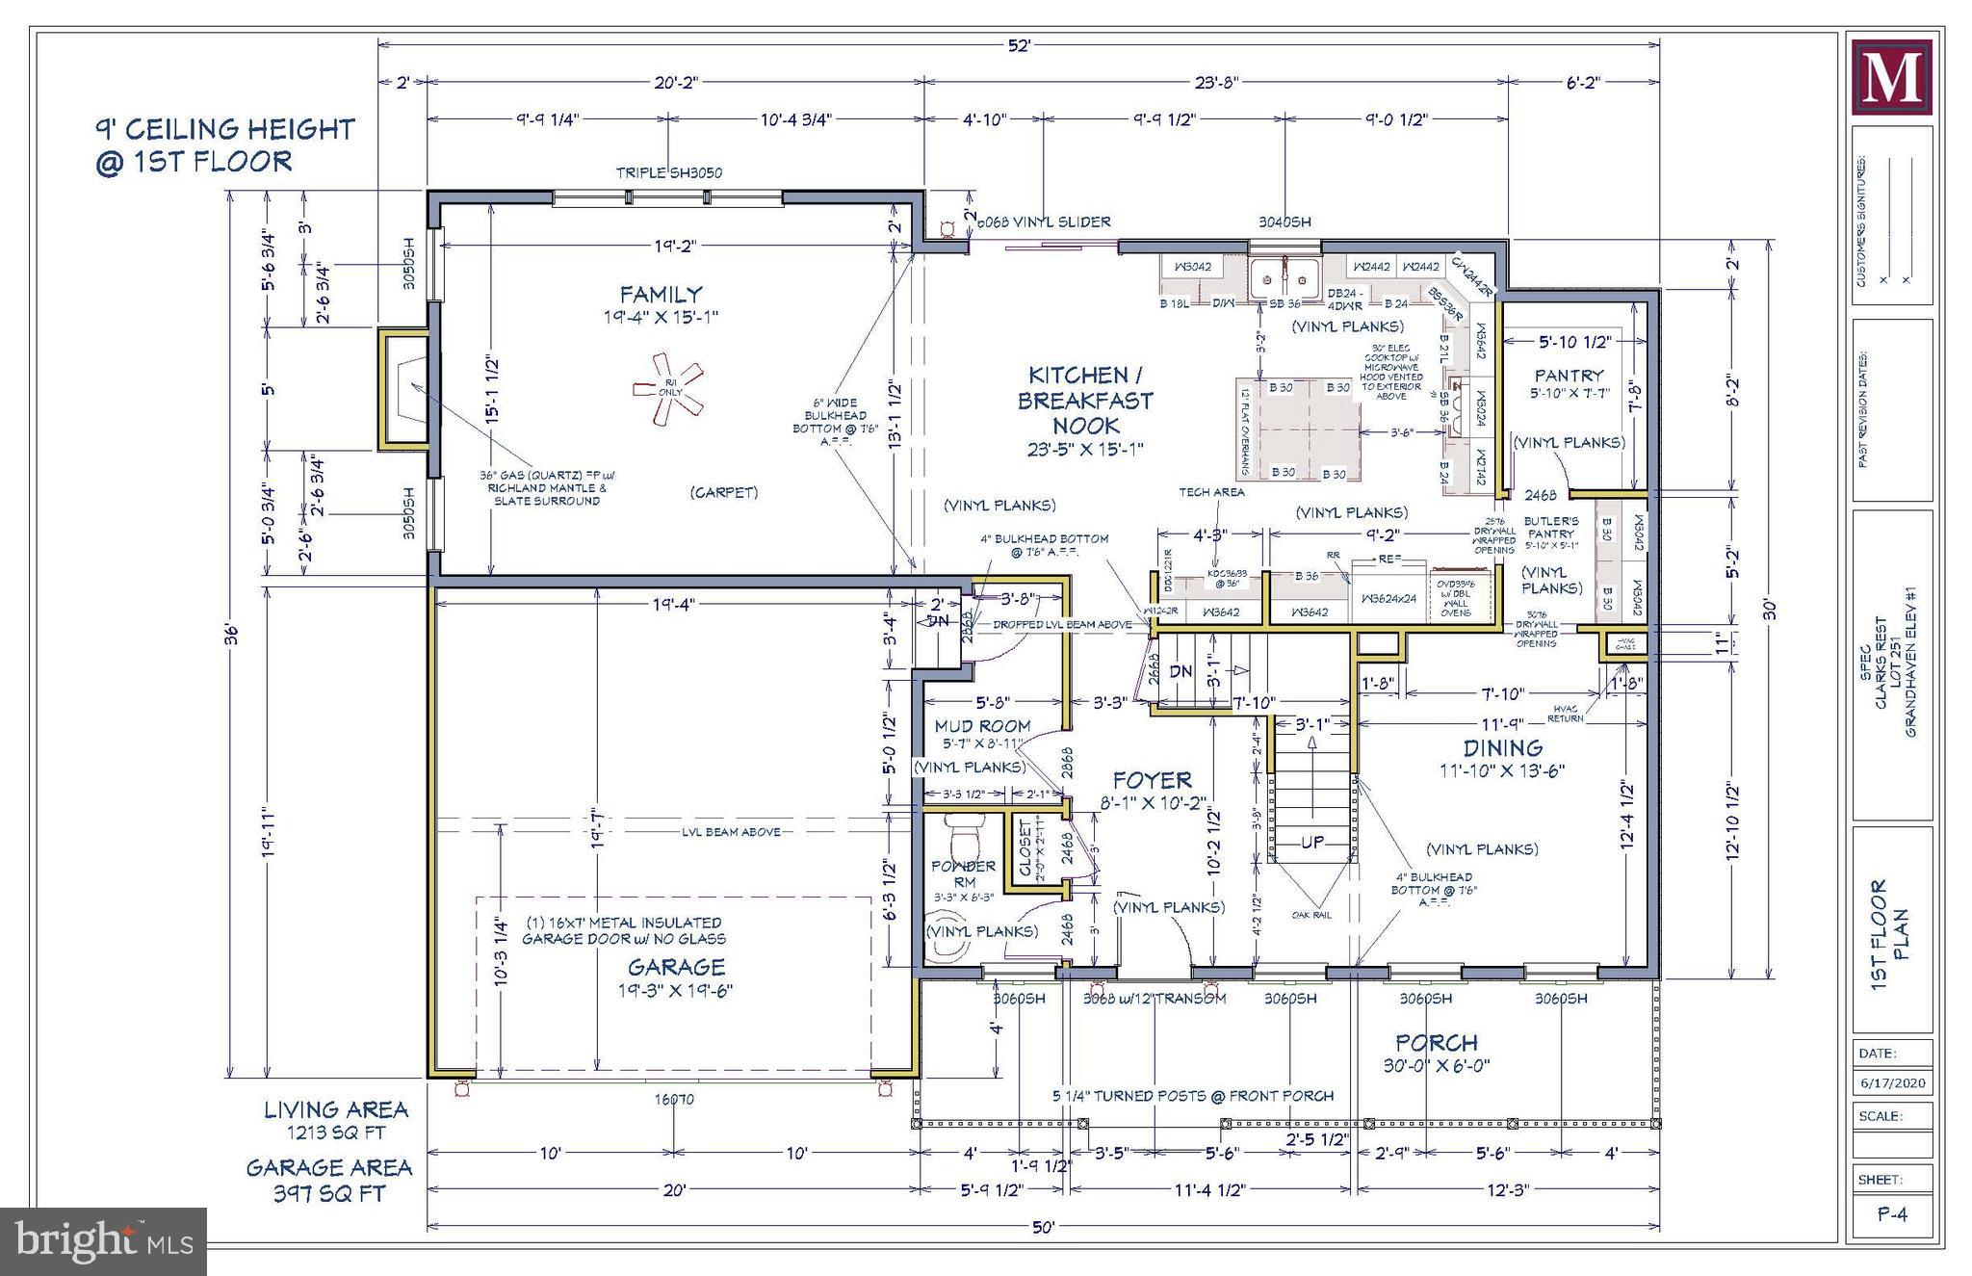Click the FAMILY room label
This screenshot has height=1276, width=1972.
pyautogui.click(x=661, y=295)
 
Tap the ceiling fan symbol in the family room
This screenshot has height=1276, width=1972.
pyautogui.click(x=668, y=388)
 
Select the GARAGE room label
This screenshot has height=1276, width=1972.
pyautogui.click(x=676, y=967)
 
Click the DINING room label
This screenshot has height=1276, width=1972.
pyautogui.click(x=1503, y=748)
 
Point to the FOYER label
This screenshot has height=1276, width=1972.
pyautogui.click(x=1152, y=780)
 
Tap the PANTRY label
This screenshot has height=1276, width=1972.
pyautogui.click(x=1569, y=376)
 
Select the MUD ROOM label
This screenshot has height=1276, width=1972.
pyautogui.click(x=982, y=726)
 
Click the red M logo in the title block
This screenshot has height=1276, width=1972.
pyautogui.click(x=1892, y=77)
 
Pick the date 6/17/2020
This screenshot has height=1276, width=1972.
pyautogui.click(x=1892, y=1083)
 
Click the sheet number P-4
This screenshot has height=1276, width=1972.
pyautogui.click(x=1892, y=1215)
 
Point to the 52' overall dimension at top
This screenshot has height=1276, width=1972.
pyautogui.click(x=1019, y=45)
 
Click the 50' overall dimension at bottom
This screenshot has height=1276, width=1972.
pyautogui.click(x=1043, y=1228)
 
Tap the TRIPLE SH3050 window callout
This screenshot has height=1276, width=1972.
pyautogui.click(x=668, y=173)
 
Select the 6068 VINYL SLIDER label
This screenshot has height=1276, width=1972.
pyautogui.click(x=1044, y=222)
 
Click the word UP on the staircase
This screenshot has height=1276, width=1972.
pyautogui.click(x=1312, y=843)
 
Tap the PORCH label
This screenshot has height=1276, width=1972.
pyautogui.click(x=1437, y=1043)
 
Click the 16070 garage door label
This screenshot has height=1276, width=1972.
pyautogui.click(x=674, y=1099)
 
